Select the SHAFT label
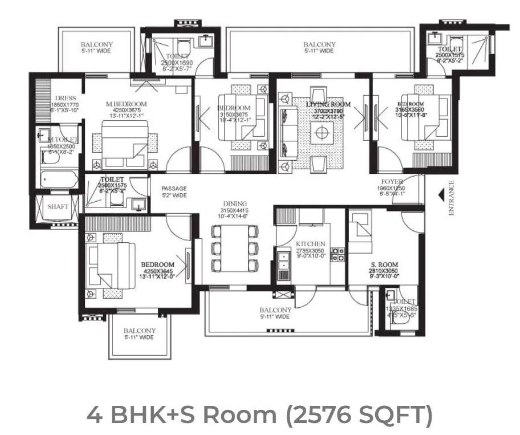(x=58, y=207)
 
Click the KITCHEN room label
(x=310, y=243)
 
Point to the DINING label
(x=235, y=204)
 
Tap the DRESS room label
(x=66, y=98)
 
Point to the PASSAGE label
(x=173, y=188)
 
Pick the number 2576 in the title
(x=324, y=414)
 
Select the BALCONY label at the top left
(x=96, y=44)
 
